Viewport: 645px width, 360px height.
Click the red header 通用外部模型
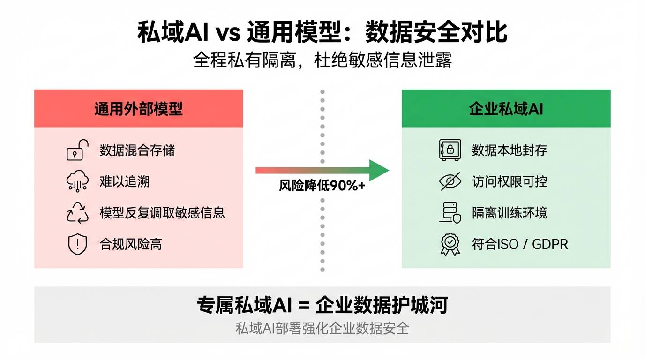click(138, 109)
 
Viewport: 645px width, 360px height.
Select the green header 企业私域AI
click(506, 109)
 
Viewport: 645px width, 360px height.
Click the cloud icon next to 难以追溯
click(77, 181)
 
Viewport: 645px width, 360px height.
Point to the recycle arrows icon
click(77, 212)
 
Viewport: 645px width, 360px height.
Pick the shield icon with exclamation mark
click(77, 244)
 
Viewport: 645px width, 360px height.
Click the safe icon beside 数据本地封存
click(450, 150)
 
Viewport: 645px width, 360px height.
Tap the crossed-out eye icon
click(450, 181)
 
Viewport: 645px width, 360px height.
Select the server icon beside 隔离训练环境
click(450, 213)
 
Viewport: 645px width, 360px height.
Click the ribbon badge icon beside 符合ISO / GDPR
click(450, 244)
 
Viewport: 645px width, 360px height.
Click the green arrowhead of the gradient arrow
click(379, 170)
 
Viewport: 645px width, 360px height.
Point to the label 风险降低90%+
click(322, 186)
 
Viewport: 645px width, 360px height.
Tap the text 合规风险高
click(131, 244)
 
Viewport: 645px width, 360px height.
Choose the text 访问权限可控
click(510, 181)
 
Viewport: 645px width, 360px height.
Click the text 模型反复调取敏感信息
click(162, 213)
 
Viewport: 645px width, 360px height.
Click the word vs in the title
click(227, 33)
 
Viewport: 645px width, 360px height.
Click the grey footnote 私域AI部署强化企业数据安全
click(322, 328)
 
